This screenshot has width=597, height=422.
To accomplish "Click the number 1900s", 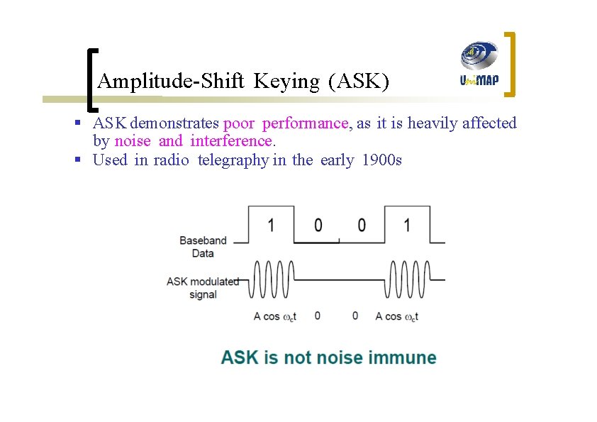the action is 381,160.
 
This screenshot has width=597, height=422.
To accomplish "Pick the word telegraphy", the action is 233,160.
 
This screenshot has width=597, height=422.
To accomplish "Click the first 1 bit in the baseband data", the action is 270,226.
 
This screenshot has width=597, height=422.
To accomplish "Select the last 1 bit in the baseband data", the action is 406,226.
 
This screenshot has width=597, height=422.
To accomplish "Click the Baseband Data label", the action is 203,247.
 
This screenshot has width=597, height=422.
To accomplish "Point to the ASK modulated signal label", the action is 203,287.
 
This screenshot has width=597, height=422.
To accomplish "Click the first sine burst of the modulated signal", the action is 272,279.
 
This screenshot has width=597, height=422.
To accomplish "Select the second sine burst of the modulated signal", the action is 407,279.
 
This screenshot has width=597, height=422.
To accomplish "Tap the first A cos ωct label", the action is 274,316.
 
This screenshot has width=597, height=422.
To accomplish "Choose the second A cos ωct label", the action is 397,316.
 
